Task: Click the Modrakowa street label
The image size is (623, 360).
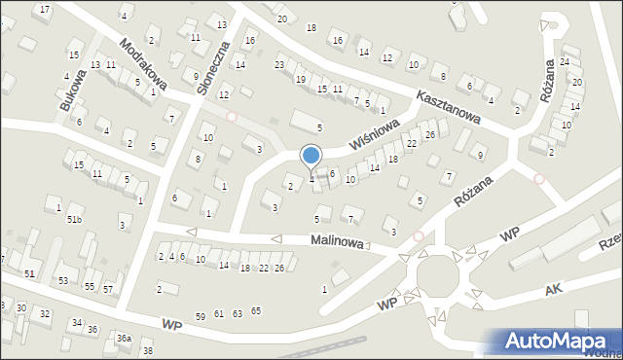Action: tap(143, 65)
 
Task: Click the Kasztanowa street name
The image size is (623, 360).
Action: tap(449, 106)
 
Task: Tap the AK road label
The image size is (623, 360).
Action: tap(554, 291)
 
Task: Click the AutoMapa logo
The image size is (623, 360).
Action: tap(559, 341)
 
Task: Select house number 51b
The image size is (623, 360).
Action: tap(75, 220)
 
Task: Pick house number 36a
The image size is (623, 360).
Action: tap(124, 338)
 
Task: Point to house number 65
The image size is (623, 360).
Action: tap(256, 310)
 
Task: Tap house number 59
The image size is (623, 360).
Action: tap(201, 315)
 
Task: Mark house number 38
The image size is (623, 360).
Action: tap(148, 350)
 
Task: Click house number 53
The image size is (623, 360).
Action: tap(63, 280)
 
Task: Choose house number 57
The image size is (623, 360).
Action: tap(108, 289)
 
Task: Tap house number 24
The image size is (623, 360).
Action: tap(564, 62)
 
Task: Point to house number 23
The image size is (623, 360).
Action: tap(279, 64)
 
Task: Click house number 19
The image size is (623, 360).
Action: tap(301, 79)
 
